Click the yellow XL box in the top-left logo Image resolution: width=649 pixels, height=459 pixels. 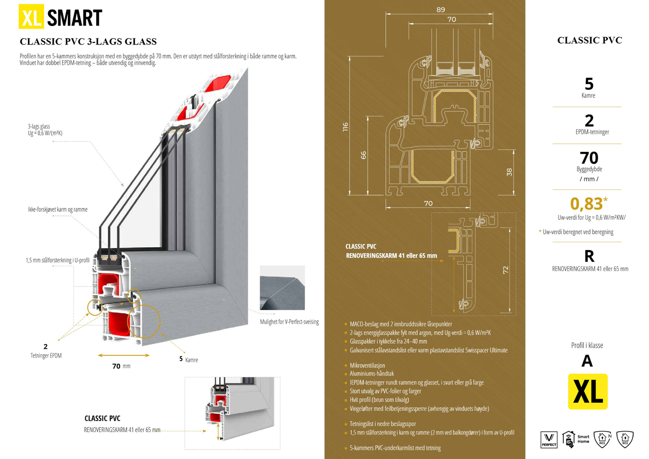point(31,17)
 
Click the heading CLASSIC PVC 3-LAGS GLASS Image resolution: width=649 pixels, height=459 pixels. point(88,42)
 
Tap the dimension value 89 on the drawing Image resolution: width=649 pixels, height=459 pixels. point(440,9)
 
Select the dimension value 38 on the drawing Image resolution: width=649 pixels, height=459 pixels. point(509,172)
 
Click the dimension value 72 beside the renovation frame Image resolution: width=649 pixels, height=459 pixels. point(505,270)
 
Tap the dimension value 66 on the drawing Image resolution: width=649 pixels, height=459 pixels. point(363,155)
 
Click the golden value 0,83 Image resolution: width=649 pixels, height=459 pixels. point(586,204)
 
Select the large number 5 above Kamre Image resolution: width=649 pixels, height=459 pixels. point(589,84)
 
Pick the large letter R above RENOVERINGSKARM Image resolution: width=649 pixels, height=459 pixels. point(589,256)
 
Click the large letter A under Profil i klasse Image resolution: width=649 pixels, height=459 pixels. point(587,361)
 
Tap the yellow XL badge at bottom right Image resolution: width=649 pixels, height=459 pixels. point(587,392)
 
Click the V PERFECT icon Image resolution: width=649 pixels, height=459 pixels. point(549,439)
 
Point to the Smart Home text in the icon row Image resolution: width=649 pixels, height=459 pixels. point(583,439)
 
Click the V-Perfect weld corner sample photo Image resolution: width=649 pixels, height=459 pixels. point(282,288)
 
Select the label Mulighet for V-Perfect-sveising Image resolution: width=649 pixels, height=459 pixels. point(289,322)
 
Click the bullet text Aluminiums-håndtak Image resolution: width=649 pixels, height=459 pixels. point(371,374)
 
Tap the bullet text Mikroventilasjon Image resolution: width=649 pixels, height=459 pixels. point(367,365)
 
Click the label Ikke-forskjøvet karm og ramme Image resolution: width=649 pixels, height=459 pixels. point(57,209)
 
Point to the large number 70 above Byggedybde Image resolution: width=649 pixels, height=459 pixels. point(589,158)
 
